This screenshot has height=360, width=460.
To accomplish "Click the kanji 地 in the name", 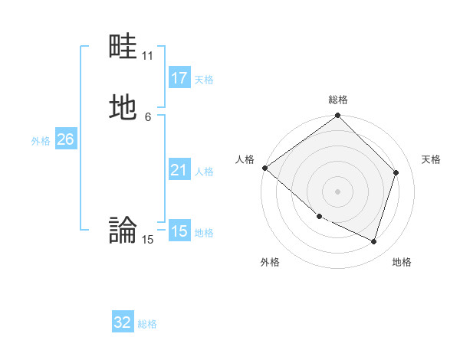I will tap(123, 108).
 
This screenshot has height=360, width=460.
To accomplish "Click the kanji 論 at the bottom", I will tap(123, 229).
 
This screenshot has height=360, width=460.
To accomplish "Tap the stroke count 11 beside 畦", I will tap(148, 56).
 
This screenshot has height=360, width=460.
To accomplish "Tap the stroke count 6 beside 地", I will tap(148, 116).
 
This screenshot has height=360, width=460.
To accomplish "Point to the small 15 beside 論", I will tap(148, 240).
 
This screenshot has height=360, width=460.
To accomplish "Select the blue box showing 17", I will tap(179, 78).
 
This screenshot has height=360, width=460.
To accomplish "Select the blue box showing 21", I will tap(179, 170).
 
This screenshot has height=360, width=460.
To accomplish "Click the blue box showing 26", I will tap(65, 139).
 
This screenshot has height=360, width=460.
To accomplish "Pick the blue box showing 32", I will tap(123, 322).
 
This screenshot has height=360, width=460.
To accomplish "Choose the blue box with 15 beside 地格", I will tap(179, 231).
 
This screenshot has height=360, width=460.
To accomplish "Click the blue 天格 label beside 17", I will tap(204, 80).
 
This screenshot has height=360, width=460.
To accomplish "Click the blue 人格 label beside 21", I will tap(204, 172).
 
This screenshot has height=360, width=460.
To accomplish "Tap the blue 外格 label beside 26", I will tap(41, 141).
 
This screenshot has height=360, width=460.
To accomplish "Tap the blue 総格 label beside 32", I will tap(147, 324).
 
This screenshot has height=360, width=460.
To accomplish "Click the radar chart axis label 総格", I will tap(338, 100).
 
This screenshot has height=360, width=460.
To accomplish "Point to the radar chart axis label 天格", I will tap(432, 159).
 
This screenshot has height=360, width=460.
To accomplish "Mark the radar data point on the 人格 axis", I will tap(264, 168).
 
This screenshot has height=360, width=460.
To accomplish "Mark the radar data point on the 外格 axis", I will tap(319, 217).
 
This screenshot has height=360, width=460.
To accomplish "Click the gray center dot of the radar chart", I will tap(338, 191).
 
